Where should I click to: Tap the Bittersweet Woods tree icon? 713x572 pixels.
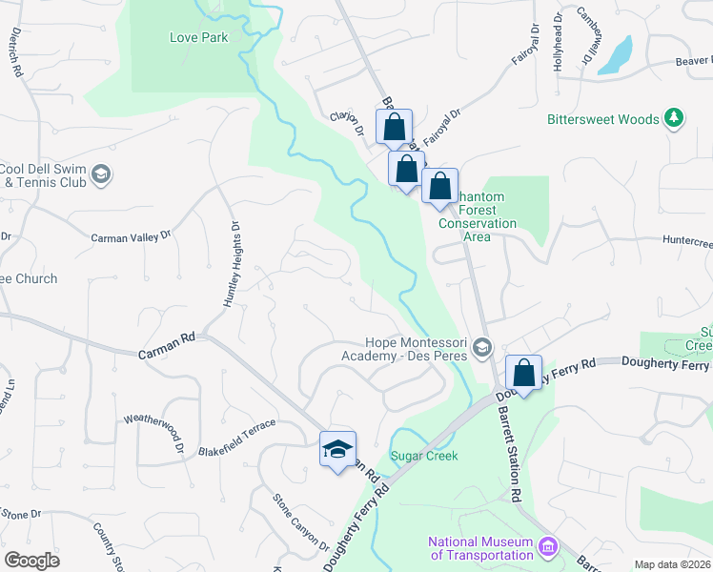pyautogui.click(x=674, y=118)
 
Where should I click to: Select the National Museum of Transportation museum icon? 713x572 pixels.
pyautogui.click(x=548, y=547)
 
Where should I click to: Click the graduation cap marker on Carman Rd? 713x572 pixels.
pyautogui.click(x=337, y=450)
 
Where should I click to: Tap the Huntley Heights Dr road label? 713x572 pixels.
pyautogui.click(x=230, y=264)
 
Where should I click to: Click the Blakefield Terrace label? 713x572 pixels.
pyautogui.click(x=236, y=438)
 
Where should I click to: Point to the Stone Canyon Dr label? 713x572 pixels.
pyautogui.click(x=300, y=523)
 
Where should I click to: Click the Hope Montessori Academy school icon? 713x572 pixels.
pyautogui.click(x=481, y=347)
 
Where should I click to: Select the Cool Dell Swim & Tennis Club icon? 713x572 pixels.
pyautogui.click(x=101, y=174)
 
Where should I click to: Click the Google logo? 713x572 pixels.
pyautogui.click(x=31, y=560)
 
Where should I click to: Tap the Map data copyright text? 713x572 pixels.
pyautogui.click(x=671, y=564)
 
